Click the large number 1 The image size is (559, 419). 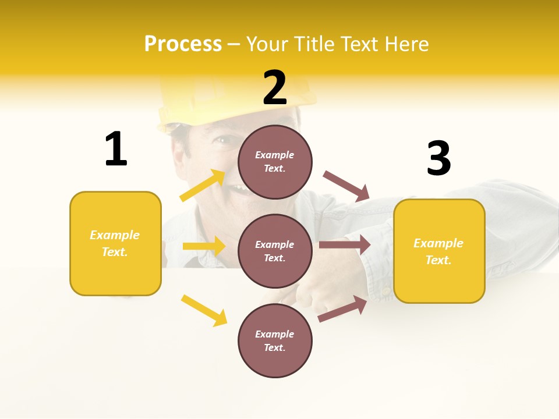point(116,149)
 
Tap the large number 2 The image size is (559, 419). point(275,88)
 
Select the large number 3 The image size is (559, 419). point(438,158)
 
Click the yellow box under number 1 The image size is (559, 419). point(115,243)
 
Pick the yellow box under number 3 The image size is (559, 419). point(439,251)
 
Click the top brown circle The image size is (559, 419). point(275,162)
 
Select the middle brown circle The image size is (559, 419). point(275,251)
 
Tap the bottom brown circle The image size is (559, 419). point(275,340)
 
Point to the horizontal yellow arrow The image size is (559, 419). point(204,246)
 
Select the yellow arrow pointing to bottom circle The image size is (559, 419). point(204,310)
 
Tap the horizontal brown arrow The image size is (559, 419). point(345,245)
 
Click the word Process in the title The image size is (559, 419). point(183,44)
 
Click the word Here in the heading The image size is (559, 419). point(405,44)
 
